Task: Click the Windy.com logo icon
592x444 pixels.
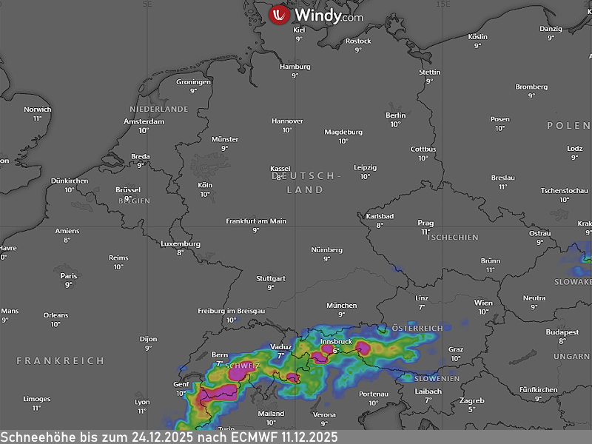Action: [279, 15]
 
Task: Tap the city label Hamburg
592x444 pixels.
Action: [295, 67]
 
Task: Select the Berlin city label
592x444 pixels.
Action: [396, 115]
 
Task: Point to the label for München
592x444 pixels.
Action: [341, 305]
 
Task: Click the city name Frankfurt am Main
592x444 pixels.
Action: [256, 221]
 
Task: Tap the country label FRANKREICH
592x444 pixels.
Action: [61, 360]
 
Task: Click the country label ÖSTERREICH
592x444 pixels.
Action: [417, 328]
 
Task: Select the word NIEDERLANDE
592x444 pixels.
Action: [159, 109]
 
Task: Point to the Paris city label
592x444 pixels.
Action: [69, 275]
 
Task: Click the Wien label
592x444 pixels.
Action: [483, 303]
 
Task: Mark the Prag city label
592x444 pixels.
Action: [425, 222]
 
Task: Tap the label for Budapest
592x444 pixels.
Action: [562, 332]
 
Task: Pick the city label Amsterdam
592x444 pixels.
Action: [144, 121]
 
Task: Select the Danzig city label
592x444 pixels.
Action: [551, 28]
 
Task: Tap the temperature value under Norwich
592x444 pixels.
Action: [37, 118]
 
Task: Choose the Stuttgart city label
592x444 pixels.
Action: [270, 278]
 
